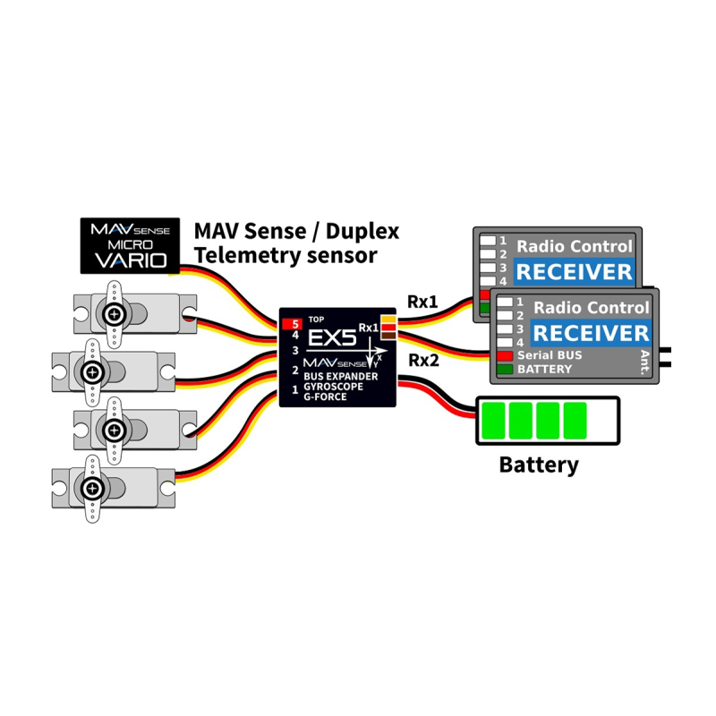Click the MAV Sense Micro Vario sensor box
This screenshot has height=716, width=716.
(130, 245)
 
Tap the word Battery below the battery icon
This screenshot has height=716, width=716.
(539, 465)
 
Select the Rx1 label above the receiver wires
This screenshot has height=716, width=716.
(422, 302)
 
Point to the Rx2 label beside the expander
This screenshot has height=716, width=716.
(423, 361)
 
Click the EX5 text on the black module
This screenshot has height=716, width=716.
(332, 338)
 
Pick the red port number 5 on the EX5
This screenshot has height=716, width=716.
(293, 324)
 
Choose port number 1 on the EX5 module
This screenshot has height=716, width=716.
(295, 389)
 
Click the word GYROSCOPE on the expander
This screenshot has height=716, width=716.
(333, 387)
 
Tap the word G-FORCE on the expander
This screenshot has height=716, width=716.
(325, 396)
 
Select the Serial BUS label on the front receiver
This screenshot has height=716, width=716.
(550, 355)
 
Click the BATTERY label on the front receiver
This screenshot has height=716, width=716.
(545, 369)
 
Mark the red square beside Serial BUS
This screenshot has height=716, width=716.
(505, 355)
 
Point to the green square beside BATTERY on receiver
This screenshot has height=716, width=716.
(505, 370)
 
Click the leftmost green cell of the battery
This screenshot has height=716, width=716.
(493, 421)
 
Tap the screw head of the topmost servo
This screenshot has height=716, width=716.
(115, 314)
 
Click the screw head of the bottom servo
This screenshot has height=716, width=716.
(93, 489)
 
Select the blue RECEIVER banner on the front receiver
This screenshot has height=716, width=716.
(591, 333)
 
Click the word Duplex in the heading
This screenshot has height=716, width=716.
(362, 232)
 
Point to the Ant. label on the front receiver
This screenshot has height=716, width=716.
(644, 362)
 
